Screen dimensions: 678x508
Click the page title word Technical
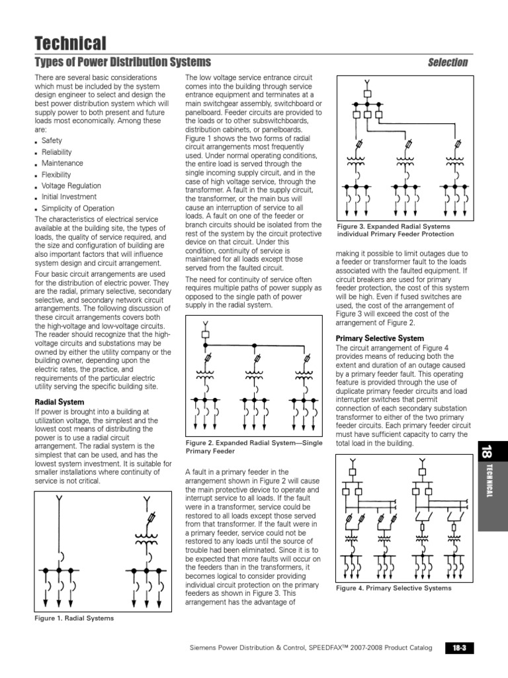pos(69,44)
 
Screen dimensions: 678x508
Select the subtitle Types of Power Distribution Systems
pos(122,62)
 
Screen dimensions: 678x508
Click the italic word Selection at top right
pos(447,63)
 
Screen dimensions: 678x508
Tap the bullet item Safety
pos(52,140)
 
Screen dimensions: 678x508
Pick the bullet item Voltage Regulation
pos(71,186)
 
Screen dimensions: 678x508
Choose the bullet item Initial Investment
pos(69,197)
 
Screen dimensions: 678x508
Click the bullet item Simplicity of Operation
pos(77,209)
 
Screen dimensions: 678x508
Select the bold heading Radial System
pos(59,402)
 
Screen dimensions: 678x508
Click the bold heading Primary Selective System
pos(380,338)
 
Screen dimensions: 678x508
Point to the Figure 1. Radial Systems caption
pos(74,618)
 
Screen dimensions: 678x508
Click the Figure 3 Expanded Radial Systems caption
pos(395,230)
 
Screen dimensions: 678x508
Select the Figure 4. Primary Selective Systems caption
pos(394,588)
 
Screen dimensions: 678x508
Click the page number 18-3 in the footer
pos(460,648)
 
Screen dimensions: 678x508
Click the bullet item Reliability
pos(57,152)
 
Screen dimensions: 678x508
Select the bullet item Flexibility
pos(56,175)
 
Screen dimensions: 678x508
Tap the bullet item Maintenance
pos(62,163)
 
